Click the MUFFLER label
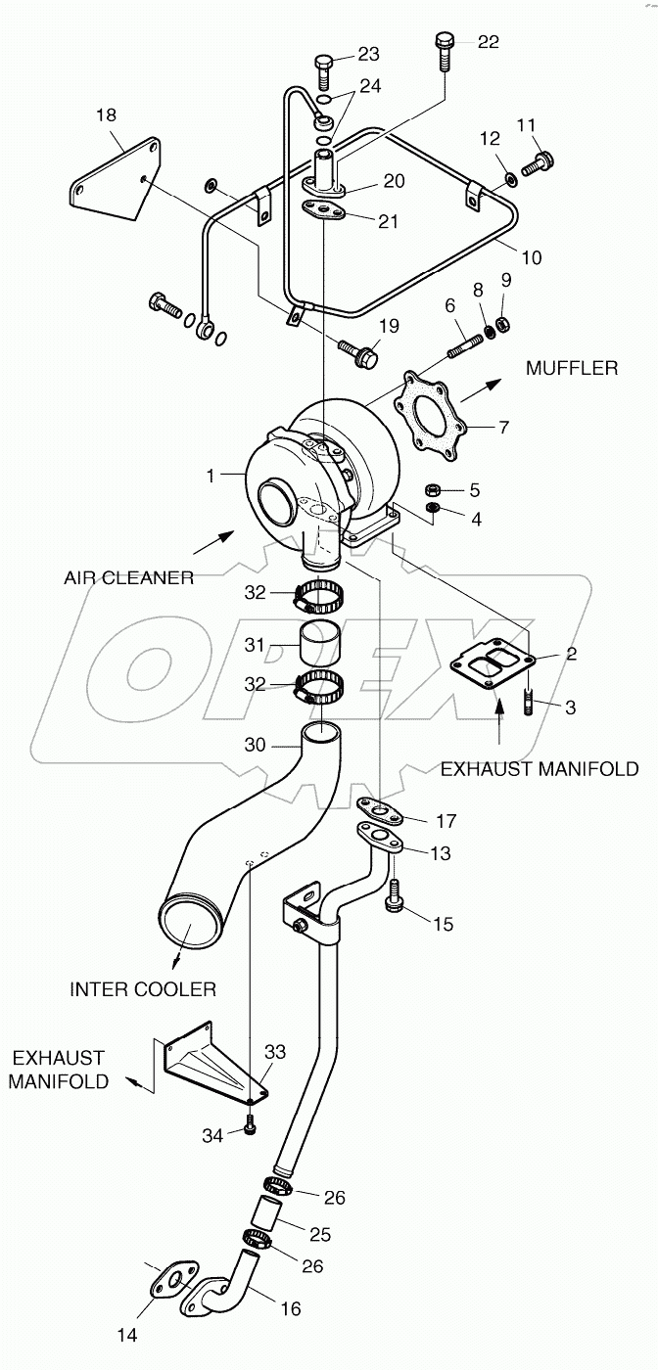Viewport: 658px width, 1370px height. pos(572,368)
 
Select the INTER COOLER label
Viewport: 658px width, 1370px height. pos(143,989)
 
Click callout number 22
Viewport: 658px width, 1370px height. pos(488,41)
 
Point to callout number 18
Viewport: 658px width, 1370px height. pos(106,114)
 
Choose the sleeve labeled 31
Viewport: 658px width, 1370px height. pos(320,644)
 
